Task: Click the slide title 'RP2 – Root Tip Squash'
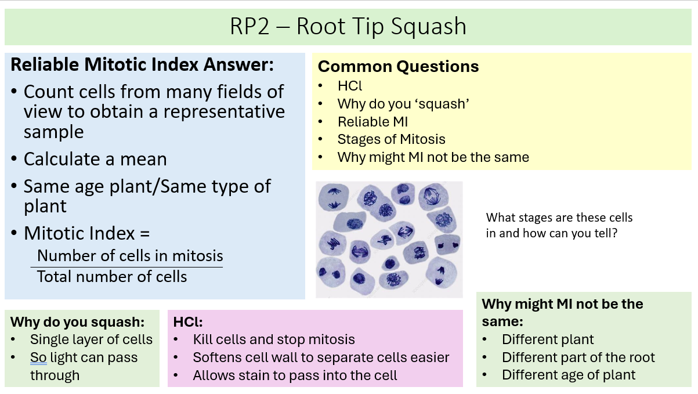coord(348,27)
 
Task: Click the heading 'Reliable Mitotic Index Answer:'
coord(142,64)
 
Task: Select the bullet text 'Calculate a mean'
coord(95,159)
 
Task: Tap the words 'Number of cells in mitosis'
coord(130,256)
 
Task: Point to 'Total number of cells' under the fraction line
coord(112,276)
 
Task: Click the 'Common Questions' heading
coord(398,67)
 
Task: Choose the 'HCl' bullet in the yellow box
coord(350,86)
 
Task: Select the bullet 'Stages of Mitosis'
coord(391,139)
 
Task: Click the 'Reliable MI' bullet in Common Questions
coord(372,122)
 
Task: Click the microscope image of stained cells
coord(389,239)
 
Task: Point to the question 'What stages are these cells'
coord(559,218)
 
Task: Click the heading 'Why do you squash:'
coord(77,322)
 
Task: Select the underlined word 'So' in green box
coord(38,358)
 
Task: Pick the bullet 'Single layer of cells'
coord(91,340)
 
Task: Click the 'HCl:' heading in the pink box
coord(188,322)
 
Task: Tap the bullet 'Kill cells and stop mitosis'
coord(274,339)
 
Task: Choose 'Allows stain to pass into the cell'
coord(295,375)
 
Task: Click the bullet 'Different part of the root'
coord(578,357)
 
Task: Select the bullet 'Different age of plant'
coord(569,375)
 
